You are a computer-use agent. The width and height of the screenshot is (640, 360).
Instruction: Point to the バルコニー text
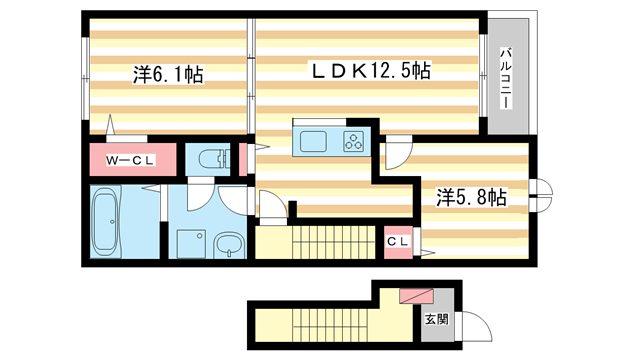click(507, 78)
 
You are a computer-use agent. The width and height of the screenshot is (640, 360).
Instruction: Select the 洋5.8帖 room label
click(469, 197)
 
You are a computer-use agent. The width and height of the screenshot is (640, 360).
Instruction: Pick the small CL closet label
click(397, 242)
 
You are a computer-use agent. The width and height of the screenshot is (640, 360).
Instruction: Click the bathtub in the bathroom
click(104, 221)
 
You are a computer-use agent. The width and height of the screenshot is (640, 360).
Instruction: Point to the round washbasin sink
click(229, 243)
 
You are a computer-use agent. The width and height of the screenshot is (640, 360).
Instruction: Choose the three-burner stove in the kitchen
click(355, 140)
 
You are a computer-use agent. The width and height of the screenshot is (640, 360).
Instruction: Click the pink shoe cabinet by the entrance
click(413, 296)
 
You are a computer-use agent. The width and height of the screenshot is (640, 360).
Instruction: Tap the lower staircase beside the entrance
click(320, 322)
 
